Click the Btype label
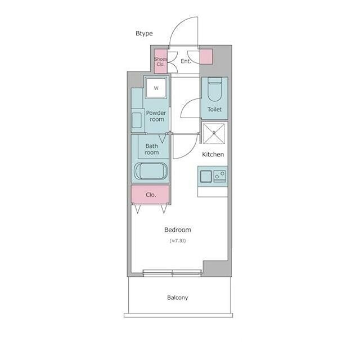click(x=144, y=34)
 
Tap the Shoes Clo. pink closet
click(x=160, y=61)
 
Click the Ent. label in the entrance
click(x=186, y=61)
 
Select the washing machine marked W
click(x=156, y=88)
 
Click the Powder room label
click(x=156, y=116)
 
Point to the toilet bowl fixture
click(x=215, y=89)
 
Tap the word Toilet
click(x=214, y=109)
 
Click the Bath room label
click(x=151, y=149)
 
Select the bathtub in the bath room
click(x=151, y=171)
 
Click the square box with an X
click(x=214, y=133)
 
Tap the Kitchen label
click(x=213, y=154)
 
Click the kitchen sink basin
click(x=206, y=176)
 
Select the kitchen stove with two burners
click(x=220, y=176)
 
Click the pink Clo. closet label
click(x=151, y=195)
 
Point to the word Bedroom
click(x=178, y=230)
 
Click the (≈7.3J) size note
click(x=178, y=241)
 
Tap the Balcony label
click(x=178, y=298)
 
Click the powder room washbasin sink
click(x=137, y=120)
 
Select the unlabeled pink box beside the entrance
click(x=206, y=56)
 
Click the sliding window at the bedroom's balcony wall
click(x=172, y=272)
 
